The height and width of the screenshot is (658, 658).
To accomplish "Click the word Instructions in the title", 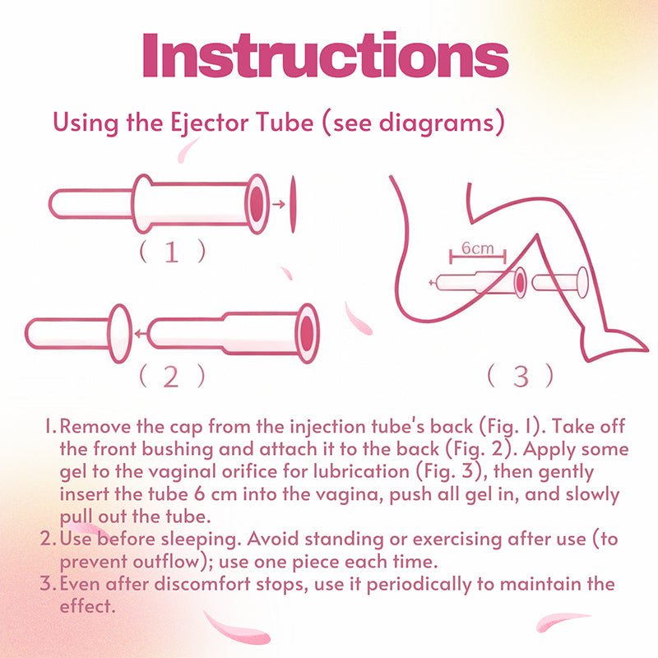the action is [x=326, y=54].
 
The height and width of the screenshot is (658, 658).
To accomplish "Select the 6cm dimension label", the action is [x=478, y=248].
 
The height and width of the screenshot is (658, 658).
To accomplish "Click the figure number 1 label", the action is [x=172, y=252].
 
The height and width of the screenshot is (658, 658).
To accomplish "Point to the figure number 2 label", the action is [x=171, y=377].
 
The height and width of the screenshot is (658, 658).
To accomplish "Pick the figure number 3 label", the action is [x=521, y=377].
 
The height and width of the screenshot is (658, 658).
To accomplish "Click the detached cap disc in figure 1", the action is [x=293, y=204].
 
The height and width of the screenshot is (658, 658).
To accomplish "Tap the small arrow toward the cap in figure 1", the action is [x=279, y=204].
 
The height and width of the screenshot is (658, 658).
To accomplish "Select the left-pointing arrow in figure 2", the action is [x=141, y=334].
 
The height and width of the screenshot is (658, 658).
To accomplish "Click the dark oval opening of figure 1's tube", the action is [x=257, y=203].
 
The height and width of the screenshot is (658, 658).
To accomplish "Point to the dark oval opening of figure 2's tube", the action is [x=308, y=333].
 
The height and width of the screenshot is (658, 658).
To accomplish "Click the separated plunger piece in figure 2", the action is [x=78, y=334].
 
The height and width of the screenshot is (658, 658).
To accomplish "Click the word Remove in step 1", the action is [x=95, y=426].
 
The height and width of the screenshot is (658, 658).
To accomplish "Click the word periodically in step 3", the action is [x=419, y=584].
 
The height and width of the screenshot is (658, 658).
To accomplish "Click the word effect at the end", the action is [x=87, y=606].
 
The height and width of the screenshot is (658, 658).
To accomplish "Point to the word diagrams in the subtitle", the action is [x=437, y=123].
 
